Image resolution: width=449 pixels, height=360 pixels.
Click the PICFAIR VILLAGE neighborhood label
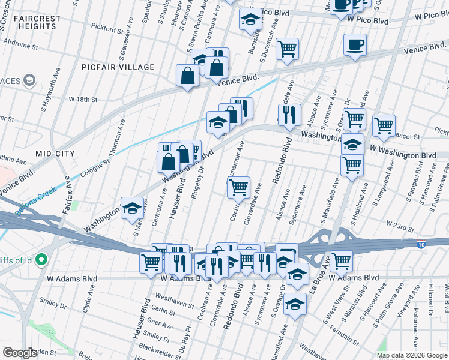point(118,67)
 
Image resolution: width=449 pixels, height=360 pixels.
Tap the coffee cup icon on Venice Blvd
point(355,44)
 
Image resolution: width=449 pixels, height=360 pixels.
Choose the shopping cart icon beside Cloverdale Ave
point(239,187)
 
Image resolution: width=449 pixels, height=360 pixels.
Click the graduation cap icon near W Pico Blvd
point(250,19)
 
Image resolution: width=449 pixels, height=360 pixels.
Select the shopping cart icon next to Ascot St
point(384,125)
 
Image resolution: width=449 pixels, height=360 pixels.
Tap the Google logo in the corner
point(20,353)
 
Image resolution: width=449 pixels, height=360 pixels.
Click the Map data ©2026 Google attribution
point(411,355)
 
